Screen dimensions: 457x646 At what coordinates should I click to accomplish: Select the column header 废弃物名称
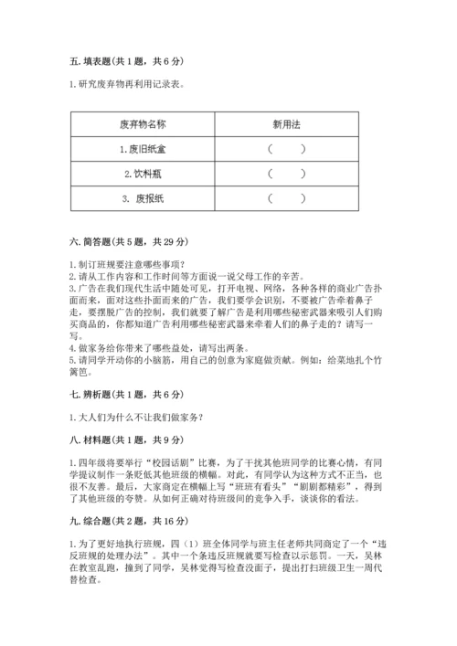[142, 124]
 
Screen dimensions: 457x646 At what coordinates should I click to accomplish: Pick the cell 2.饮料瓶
[142, 173]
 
